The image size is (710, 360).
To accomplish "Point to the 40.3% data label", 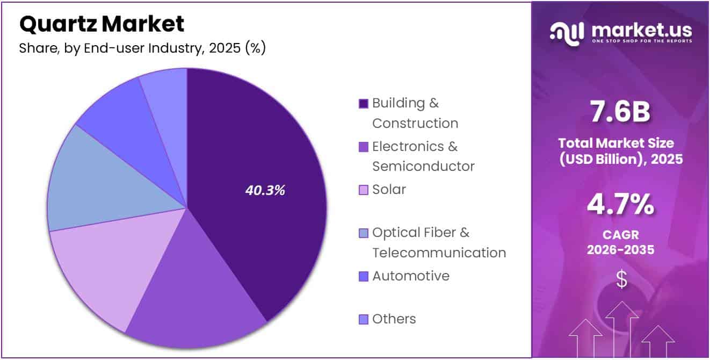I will pos(265,190).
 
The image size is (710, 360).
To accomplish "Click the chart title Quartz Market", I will pos(102,24).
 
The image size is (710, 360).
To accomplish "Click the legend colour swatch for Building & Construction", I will pos(364,103).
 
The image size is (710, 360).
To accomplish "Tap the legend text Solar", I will pos(389,189).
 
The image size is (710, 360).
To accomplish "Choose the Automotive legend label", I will pos(411,276).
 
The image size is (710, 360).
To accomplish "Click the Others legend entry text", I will pos(394,319).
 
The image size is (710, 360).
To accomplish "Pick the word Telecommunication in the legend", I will pos(439,253).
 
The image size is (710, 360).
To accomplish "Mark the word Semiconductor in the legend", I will pos(423,167).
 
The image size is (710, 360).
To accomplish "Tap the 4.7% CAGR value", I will pos(620,205).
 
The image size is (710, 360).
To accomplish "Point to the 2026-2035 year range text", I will pos(620,249).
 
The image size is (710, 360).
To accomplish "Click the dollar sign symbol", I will pos(621,279).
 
